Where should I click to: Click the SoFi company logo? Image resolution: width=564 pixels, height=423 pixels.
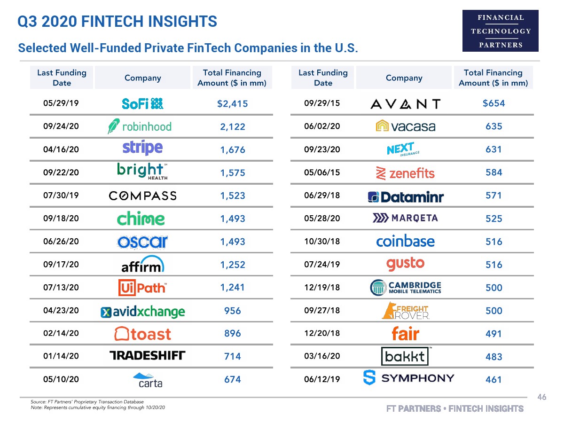coord(142,103)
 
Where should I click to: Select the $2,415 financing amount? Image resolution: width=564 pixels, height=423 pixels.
coord(232,104)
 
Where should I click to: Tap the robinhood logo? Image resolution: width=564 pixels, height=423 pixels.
coord(140,126)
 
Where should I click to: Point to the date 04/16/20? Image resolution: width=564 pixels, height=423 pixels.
coord(61,149)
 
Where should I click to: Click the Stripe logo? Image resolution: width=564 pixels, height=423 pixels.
coord(142,148)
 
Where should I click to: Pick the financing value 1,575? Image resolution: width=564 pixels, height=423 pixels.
coord(233,173)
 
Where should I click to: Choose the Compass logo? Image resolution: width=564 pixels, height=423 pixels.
coord(142,196)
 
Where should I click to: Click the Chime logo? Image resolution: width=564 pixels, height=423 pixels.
coord(141,219)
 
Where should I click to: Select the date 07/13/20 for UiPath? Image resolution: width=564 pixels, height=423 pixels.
coord(61,287)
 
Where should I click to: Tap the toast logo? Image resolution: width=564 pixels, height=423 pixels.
coord(143,334)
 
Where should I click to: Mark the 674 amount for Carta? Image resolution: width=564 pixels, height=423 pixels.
coord(233,379)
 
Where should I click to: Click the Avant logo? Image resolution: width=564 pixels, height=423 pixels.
coord(405,104)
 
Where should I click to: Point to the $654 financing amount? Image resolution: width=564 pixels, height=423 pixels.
coord(493,103)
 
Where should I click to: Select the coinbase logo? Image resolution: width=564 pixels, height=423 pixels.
coord(405,242)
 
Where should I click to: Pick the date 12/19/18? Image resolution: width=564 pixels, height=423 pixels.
coord(322,287)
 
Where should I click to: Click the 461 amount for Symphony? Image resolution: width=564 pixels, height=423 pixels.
coord(493,379)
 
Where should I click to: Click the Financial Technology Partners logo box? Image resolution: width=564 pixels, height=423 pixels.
coord(501,31)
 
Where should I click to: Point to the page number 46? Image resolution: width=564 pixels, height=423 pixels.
coord(542,398)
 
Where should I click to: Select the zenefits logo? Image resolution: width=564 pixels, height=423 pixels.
coord(405,173)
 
